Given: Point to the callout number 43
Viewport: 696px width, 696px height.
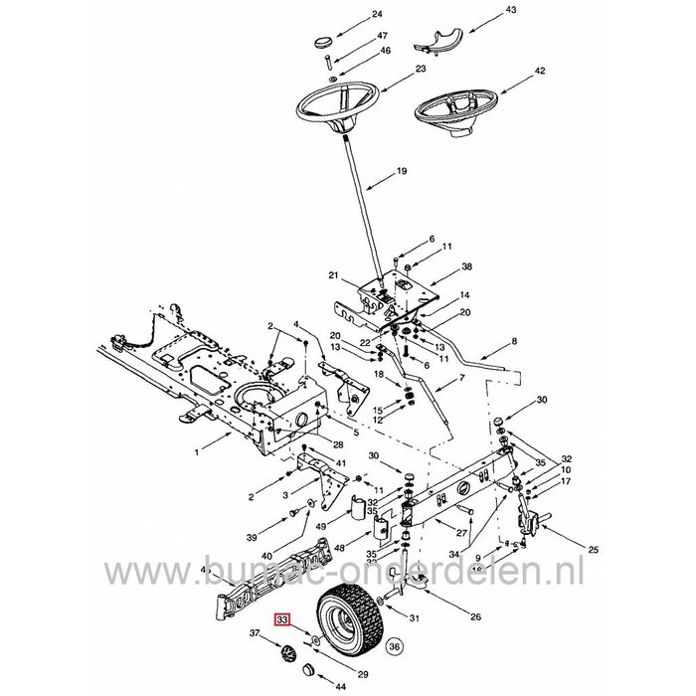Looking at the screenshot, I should coord(483,10).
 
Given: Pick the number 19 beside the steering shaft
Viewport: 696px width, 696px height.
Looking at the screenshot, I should coord(402,171).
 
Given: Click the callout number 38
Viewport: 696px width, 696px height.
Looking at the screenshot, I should coord(466,266).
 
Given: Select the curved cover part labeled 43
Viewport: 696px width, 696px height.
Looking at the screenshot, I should coord(438,39).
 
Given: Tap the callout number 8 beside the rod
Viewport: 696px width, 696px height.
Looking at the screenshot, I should coord(514,341).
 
